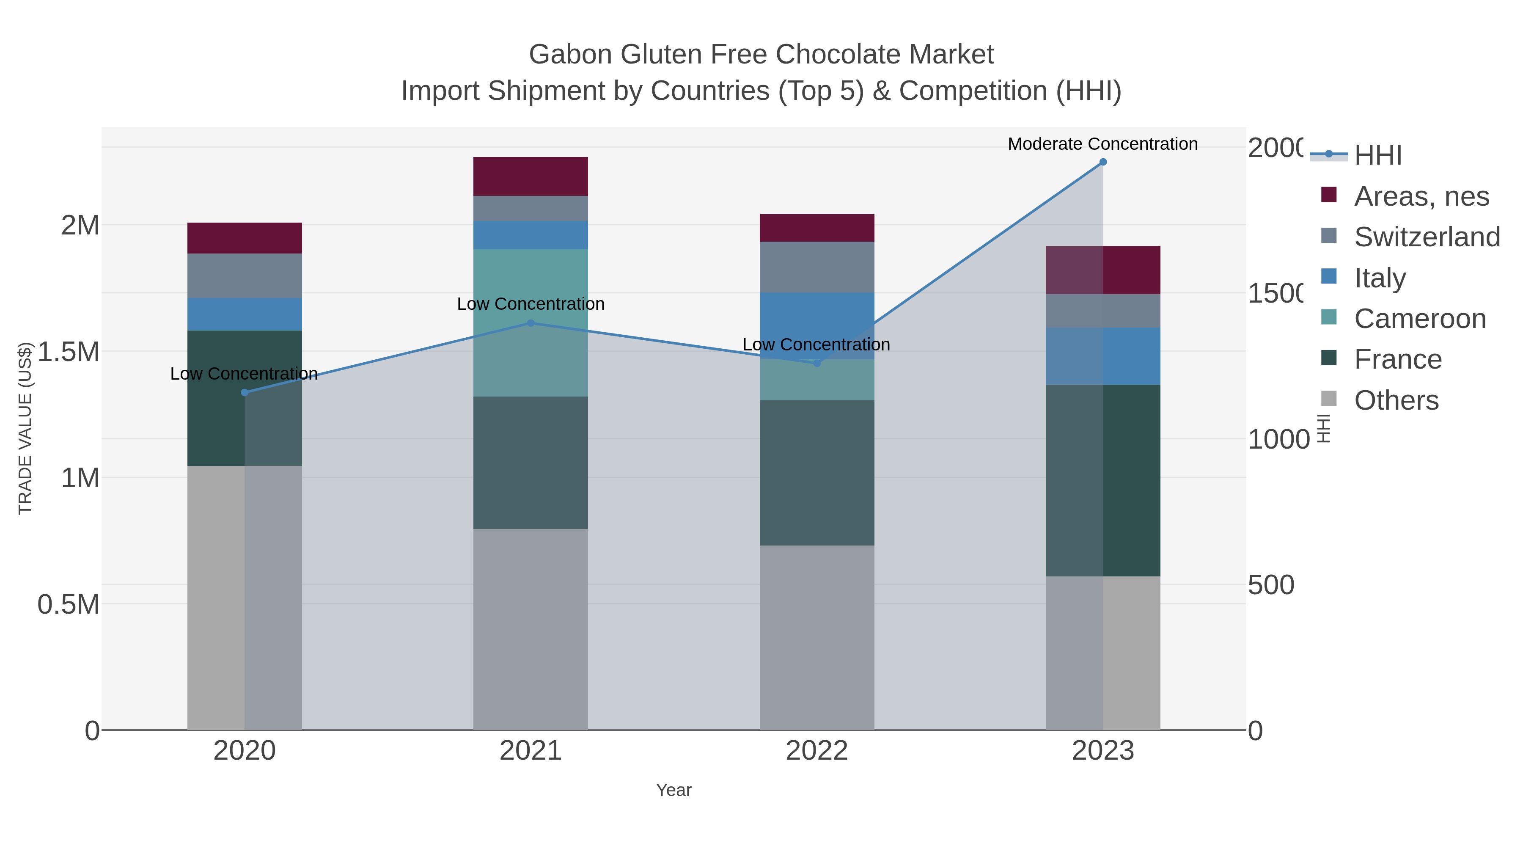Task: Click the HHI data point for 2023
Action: [x=1102, y=162]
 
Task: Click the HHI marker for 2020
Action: [x=244, y=393]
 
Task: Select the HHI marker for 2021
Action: [x=531, y=323]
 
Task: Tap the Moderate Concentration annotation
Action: [x=1102, y=144]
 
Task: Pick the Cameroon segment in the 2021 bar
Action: [x=531, y=322]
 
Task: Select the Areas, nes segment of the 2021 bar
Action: [x=531, y=176]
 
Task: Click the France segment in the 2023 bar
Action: [x=1102, y=480]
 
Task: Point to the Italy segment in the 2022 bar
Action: [x=816, y=325]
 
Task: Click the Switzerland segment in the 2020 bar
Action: [x=244, y=276]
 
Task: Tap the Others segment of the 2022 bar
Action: [x=816, y=638]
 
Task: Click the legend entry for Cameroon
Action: [x=1419, y=319]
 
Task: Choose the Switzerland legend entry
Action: [x=1427, y=237]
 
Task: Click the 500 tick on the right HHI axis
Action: [x=1271, y=585]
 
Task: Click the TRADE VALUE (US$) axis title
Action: [x=25, y=428]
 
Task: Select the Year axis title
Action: [x=674, y=790]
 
